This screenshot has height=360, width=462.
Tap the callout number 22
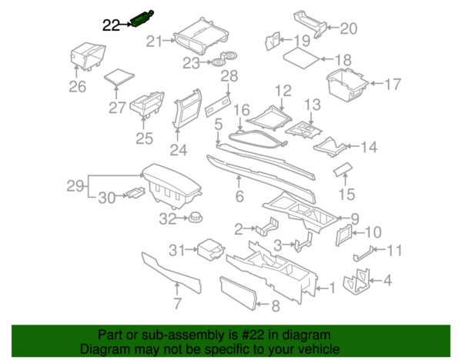(x=112, y=25)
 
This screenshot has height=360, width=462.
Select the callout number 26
(x=78, y=87)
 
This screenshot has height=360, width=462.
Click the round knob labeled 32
(x=196, y=219)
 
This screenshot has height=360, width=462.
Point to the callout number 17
(x=393, y=84)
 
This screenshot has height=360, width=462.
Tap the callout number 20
(x=349, y=29)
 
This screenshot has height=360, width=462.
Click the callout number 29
(x=75, y=185)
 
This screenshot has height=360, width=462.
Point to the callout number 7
(x=178, y=303)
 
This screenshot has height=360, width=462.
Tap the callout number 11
(x=394, y=250)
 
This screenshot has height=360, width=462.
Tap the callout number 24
(x=179, y=149)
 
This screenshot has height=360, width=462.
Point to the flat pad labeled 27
(x=118, y=75)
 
